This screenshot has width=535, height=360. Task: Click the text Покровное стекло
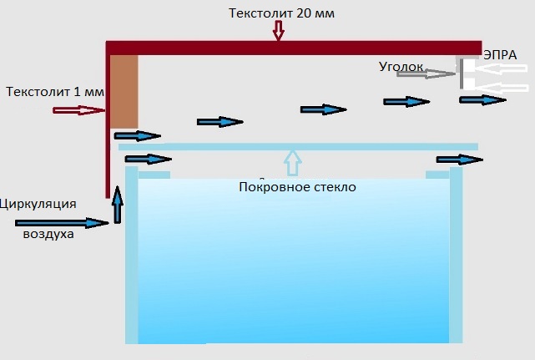pos(297,187)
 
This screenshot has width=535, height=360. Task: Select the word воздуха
pos(48,235)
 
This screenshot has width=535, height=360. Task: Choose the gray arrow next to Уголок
pos(426,74)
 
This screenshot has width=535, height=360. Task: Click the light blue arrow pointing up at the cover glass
pos(291,160)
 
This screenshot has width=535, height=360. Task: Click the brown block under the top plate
pos(124,90)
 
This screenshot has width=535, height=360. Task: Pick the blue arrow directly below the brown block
pos(137,135)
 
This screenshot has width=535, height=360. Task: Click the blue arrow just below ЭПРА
pos(482,100)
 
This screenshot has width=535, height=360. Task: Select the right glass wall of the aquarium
pos(456,255)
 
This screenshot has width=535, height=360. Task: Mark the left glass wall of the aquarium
pos(131,255)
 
